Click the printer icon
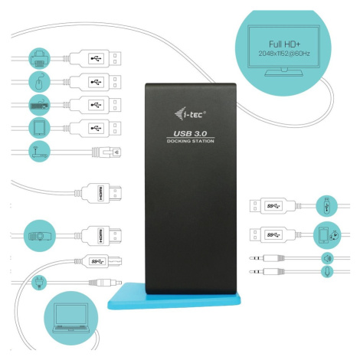tap(39, 58)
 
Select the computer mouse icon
tap(39, 82)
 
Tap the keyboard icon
tap(39, 105)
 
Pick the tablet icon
tap(39, 128)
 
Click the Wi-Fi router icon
tap(39, 151)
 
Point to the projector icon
tap(40, 236)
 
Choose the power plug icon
tap(39, 283)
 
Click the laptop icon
tap(71, 319)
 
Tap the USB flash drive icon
tap(326, 206)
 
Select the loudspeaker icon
tap(327, 258)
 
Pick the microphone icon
tap(327, 272)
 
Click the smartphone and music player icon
tap(327, 235)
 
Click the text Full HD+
tap(284, 44)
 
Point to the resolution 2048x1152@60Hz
tap(284, 54)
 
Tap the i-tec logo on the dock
tap(191, 113)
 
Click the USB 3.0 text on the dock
tap(190, 133)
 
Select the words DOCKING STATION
tap(191, 141)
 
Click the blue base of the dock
tap(174, 299)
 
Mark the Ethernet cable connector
tap(106, 152)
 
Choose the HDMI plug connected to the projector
tap(101, 236)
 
